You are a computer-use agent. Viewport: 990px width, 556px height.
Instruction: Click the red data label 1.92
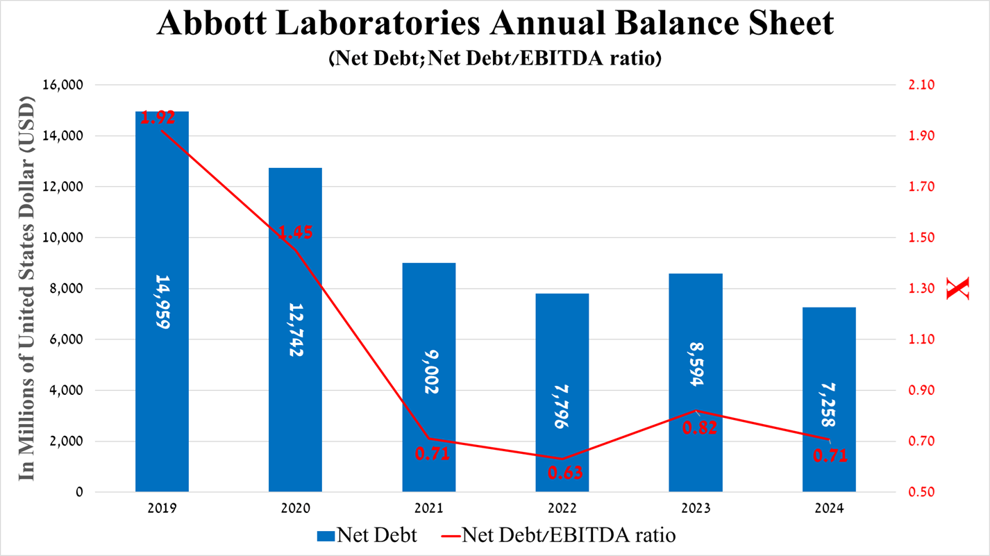coord(158,117)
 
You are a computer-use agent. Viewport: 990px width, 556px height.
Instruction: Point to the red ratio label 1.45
coord(295,233)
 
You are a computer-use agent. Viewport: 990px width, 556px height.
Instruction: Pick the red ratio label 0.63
coord(564,473)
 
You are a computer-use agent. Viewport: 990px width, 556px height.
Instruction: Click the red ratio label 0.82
coord(699,428)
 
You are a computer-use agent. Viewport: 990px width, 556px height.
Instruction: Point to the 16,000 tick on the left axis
coord(63,85)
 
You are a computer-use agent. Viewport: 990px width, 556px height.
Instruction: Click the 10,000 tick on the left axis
coord(63,238)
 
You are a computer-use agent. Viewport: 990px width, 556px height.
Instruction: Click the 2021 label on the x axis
coord(428,508)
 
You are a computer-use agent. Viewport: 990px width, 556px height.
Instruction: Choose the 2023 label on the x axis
coord(696,508)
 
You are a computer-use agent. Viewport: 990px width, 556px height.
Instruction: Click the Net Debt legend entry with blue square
coord(367,535)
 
